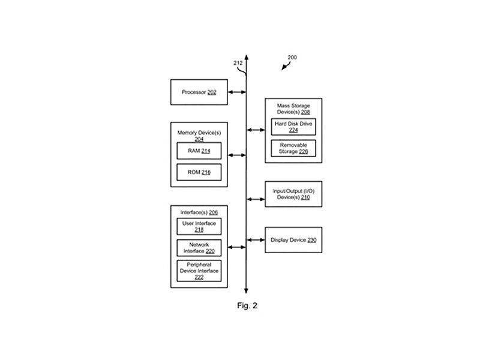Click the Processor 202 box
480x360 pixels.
coord(199,92)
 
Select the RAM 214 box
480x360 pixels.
coord(199,151)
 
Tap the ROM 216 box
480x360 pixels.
coord(199,172)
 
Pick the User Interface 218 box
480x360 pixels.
coord(199,226)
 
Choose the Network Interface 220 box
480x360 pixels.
coord(199,248)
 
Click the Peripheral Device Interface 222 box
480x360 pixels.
coord(199,271)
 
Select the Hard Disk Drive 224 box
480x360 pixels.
coord(293,127)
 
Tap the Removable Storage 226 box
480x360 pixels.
coord(293,148)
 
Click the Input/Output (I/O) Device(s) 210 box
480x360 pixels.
coord(293,194)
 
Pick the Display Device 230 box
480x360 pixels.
coord(293,240)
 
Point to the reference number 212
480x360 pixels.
coord(238,63)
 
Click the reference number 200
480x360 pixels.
coord(292,57)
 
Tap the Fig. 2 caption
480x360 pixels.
coord(247,305)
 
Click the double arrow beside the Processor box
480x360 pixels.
coord(237,92)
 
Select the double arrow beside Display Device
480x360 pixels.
coord(256,240)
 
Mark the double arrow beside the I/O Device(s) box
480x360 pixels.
coord(256,199)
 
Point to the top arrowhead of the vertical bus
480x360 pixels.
coord(247,57)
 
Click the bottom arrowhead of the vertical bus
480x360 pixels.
coord(246,291)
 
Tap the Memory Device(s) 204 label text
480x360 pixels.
coord(199,136)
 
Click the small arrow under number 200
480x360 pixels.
coord(286,66)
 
